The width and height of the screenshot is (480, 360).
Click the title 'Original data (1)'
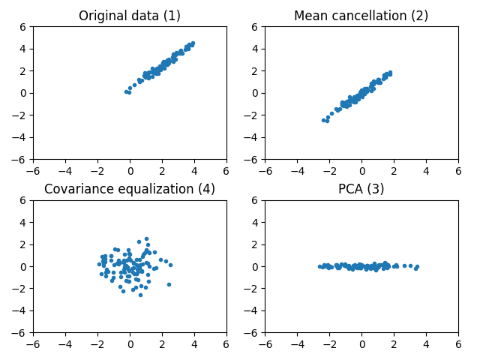click(x=130, y=16)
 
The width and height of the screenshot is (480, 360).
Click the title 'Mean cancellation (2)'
click(x=361, y=16)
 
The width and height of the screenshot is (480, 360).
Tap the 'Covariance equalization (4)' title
click(x=130, y=189)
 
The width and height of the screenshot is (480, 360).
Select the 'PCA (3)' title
click(x=361, y=189)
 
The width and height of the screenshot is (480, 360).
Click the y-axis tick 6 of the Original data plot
click(x=24, y=26)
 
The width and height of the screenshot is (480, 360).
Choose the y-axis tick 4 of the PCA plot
click(x=256, y=222)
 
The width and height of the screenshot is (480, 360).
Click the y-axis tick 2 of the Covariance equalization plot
click(x=24, y=244)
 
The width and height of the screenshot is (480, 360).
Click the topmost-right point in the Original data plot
click(x=193, y=43)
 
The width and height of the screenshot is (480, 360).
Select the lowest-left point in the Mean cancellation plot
click(x=323, y=120)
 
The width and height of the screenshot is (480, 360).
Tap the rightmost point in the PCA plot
click(x=417, y=266)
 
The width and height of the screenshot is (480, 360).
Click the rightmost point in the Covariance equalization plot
click(x=170, y=265)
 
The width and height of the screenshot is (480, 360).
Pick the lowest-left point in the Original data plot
click(x=126, y=91)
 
